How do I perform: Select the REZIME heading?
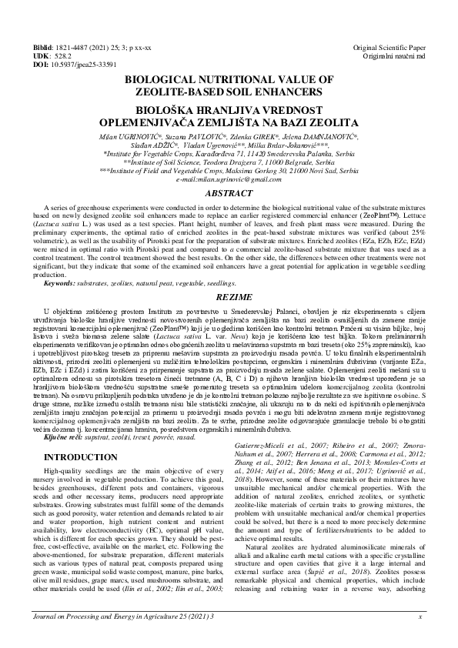pyautogui.click(x=229, y=295)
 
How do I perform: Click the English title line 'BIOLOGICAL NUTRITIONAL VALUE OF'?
pyautogui.click(x=229, y=79)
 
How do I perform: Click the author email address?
pyautogui.click(x=229, y=179)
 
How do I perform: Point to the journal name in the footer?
pyautogui.click(x=129, y=638)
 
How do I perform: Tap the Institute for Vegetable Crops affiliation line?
pyautogui.click(x=229, y=153)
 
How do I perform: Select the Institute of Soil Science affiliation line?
pyautogui.click(x=229, y=162)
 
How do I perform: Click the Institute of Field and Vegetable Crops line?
pyautogui.click(x=229, y=170)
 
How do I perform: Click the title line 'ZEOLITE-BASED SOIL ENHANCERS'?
pyautogui.click(x=229, y=90)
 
